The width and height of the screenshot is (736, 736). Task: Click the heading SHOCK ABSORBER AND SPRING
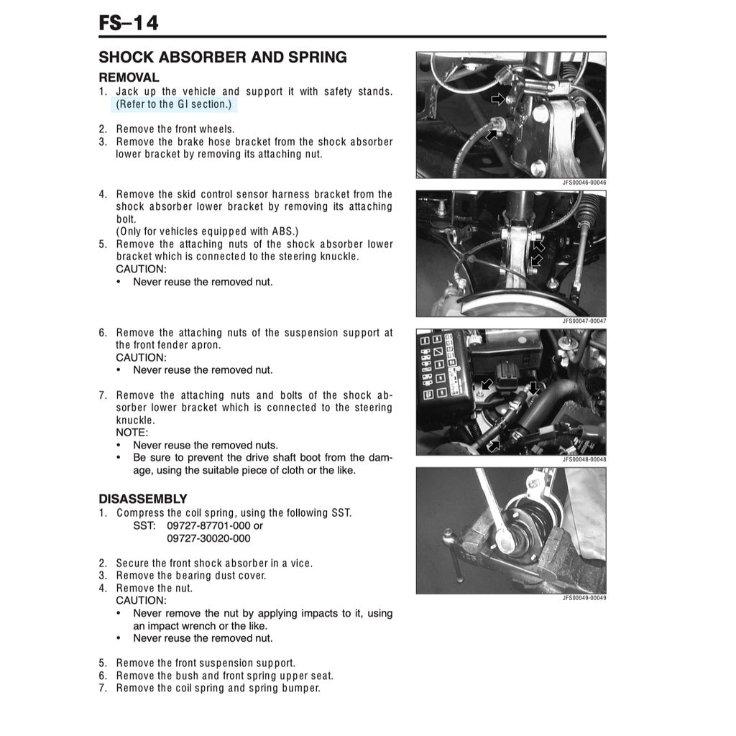(x=222, y=57)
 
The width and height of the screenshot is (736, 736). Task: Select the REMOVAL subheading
(x=129, y=77)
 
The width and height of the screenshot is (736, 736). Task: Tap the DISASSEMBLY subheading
(x=142, y=498)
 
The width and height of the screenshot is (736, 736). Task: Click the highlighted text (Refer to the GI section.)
(x=174, y=104)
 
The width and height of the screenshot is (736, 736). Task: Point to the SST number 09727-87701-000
(x=208, y=525)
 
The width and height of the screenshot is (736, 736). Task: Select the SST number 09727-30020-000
(x=208, y=538)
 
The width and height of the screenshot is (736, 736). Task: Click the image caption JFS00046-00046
(x=584, y=183)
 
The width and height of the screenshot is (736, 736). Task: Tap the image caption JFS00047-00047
(x=584, y=321)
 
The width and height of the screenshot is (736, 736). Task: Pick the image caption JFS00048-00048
(x=584, y=459)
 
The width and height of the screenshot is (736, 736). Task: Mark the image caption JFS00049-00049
(x=584, y=597)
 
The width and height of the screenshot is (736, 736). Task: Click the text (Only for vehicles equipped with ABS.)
(x=207, y=231)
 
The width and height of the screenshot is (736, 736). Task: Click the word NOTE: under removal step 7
(x=132, y=433)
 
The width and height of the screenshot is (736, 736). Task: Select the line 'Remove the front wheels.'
(x=175, y=129)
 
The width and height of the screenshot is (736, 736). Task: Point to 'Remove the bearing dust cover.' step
(x=190, y=575)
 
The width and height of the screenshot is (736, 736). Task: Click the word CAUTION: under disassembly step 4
(x=141, y=600)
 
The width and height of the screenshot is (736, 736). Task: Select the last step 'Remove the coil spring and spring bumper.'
(x=218, y=688)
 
